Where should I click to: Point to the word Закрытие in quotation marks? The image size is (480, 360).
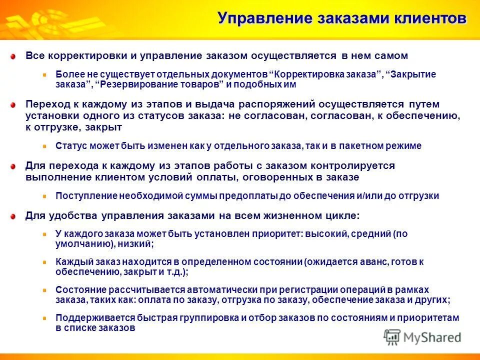point(413,74)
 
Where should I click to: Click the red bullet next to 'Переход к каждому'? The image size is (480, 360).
point(15,104)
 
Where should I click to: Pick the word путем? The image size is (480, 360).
point(423,104)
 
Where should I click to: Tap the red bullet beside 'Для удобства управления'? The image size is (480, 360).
point(15,216)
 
